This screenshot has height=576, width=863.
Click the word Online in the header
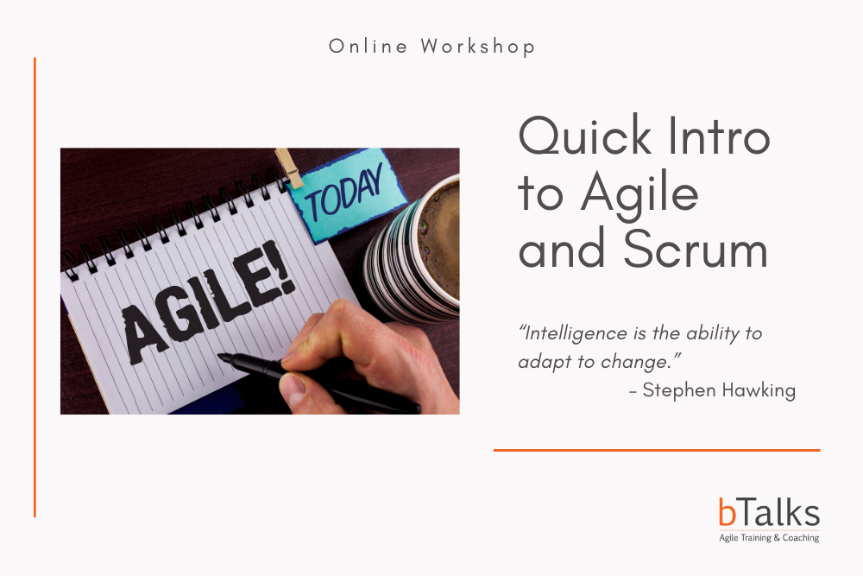point(368,47)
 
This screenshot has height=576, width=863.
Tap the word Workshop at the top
point(478,47)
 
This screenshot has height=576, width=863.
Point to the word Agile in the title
point(639,195)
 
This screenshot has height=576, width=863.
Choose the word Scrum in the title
point(695,248)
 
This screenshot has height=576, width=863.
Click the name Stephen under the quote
point(679,390)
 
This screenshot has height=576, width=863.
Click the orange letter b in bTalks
point(727,511)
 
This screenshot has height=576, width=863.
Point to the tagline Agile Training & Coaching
point(769,537)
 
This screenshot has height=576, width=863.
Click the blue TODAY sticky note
point(348,194)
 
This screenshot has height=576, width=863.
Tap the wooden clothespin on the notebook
point(289,168)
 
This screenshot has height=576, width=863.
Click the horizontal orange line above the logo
point(657,450)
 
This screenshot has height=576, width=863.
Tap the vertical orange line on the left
point(35,288)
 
